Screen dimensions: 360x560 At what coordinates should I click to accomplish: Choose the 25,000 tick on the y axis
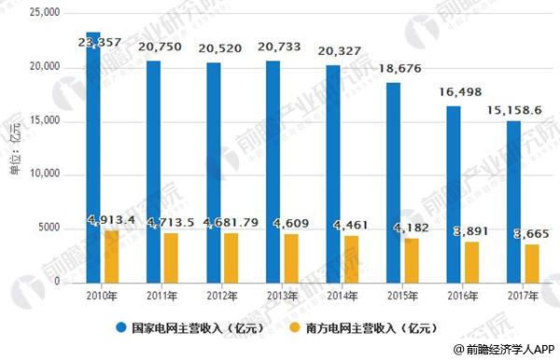44,13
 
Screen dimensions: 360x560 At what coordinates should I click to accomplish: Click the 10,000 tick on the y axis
44,174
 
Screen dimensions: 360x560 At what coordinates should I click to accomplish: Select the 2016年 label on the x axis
452,294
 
